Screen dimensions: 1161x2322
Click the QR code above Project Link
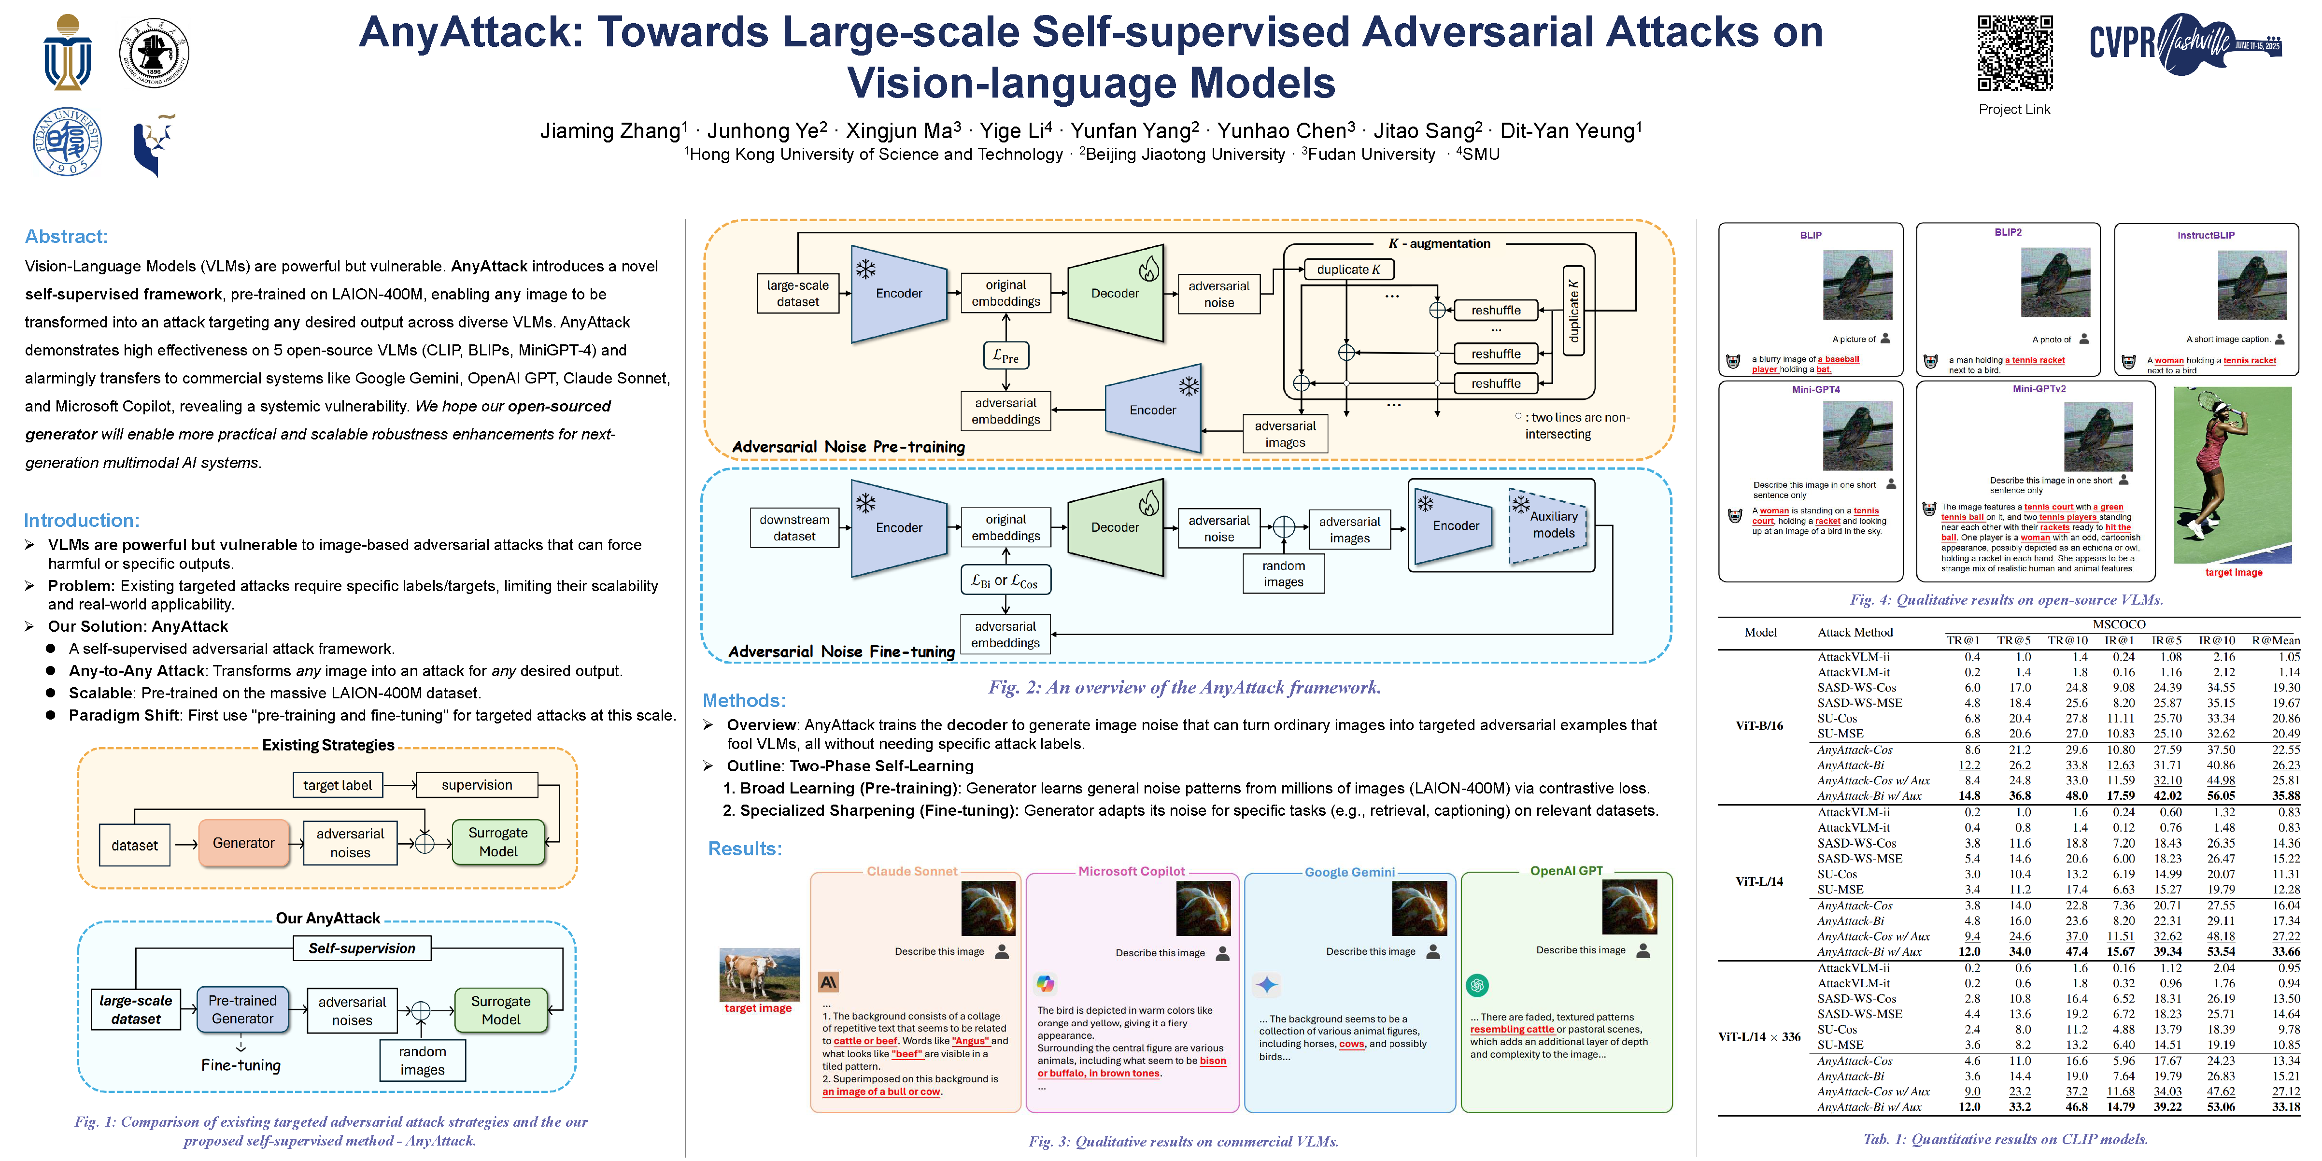pyautogui.click(x=2015, y=53)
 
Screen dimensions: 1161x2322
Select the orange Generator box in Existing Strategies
pyautogui.click(x=243, y=843)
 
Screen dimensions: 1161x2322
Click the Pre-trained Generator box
pyautogui.click(x=242, y=1009)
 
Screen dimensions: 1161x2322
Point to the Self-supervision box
pyautogui.click(x=361, y=949)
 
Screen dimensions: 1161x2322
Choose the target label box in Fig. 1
pyautogui.click(x=337, y=785)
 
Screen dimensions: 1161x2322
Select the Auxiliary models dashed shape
pyautogui.click(x=1552, y=525)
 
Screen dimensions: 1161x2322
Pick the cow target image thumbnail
pyautogui.click(x=759, y=975)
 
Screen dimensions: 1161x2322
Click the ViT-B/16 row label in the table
pyautogui.click(x=1758, y=725)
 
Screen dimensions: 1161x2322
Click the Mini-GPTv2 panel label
pyautogui.click(x=2039, y=389)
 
